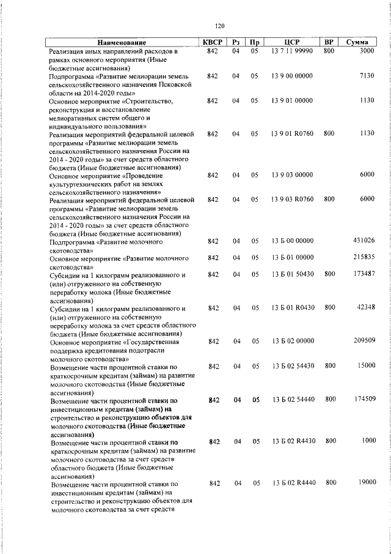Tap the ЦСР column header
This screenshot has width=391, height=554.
pyautogui.click(x=292, y=43)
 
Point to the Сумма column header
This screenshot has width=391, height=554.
pyautogui.click(x=357, y=43)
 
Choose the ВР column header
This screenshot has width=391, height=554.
pyautogui.click(x=329, y=43)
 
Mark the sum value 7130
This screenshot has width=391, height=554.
pyautogui.click(x=367, y=76)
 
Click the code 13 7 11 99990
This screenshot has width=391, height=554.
pyautogui.click(x=292, y=51)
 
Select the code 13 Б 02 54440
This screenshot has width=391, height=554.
pyautogui.click(x=292, y=399)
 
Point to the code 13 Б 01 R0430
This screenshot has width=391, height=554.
pyautogui.click(x=292, y=307)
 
